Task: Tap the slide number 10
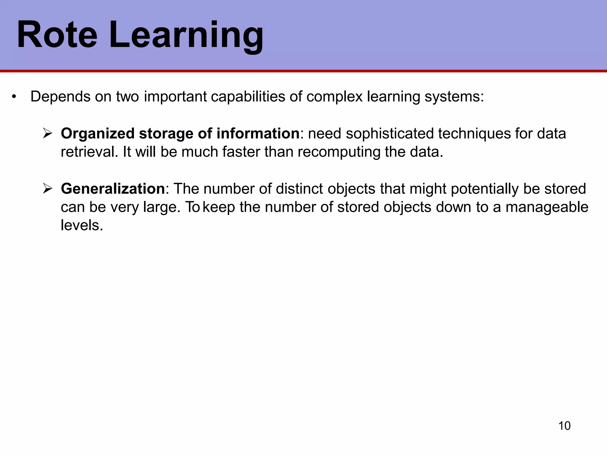pos(564,426)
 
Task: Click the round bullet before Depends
pos(13,97)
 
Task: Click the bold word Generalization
pos(113,189)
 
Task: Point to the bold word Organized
pos(98,134)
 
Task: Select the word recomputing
pos(339,152)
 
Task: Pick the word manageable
pos(547,207)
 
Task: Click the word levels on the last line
pos(82,225)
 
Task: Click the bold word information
pos(258,133)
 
